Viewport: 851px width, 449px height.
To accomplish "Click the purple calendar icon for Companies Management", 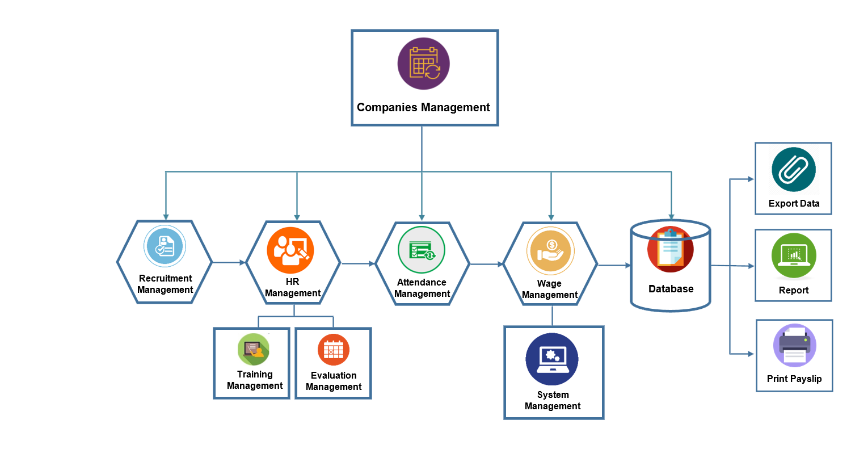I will [423, 64].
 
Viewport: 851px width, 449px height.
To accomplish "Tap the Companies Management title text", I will [423, 107].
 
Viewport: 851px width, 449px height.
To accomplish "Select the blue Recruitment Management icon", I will [164, 246].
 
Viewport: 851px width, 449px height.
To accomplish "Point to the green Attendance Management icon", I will [422, 250].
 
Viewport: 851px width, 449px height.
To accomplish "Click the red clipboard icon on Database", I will [670, 249].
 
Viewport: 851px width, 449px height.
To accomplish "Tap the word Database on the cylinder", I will [671, 289].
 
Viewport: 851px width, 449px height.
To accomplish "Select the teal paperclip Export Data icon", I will [793, 170].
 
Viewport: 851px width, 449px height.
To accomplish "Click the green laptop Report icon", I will [793, 256].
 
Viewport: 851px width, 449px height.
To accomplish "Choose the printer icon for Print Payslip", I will [794, 345].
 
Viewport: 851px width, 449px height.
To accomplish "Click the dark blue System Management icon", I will [551, 359].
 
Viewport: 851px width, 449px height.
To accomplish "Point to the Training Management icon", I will [253, 349].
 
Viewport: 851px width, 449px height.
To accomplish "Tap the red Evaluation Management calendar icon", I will [333, 350].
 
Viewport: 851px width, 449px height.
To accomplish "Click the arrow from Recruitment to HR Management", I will [229, 262].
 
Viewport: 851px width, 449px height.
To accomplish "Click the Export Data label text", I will [794, 204].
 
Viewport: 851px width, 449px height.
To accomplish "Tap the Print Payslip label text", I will [794, 379].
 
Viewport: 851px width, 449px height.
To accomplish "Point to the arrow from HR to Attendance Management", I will [358, 263].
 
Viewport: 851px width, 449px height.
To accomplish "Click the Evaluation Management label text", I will [333, 381].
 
